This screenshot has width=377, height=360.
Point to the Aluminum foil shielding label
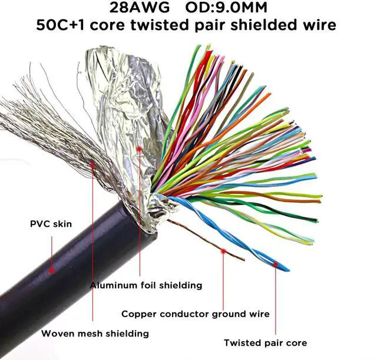[x=146, y=285]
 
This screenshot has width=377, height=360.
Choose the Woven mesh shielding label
[x=95, y=333]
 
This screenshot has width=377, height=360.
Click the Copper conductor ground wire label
[x=195, y=314]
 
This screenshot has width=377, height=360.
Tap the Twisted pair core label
[x=265, y=342]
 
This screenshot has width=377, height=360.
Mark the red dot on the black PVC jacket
[x=52, y=270]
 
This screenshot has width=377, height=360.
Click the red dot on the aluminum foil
[x=140, y=149]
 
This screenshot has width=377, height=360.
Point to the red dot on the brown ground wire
[x=223, y=251]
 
